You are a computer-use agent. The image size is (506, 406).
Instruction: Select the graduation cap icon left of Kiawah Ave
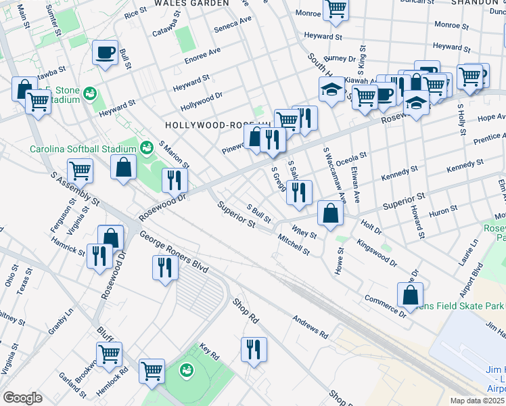coord(331,89)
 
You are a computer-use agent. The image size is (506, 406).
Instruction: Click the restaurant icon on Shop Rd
coord(254,349)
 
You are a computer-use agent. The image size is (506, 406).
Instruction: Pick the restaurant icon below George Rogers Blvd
coord(165,267)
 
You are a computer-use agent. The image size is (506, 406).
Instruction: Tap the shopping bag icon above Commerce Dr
coord(411,294)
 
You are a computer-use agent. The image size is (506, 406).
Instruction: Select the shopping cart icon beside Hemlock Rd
coord(152,370)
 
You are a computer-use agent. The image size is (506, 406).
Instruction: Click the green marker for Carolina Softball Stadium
coord(145,146)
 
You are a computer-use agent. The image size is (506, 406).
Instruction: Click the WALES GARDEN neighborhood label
coord(191,3)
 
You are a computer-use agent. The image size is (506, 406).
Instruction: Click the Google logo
coord(22,398)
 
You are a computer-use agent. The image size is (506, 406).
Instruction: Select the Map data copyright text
coord(478,401)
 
